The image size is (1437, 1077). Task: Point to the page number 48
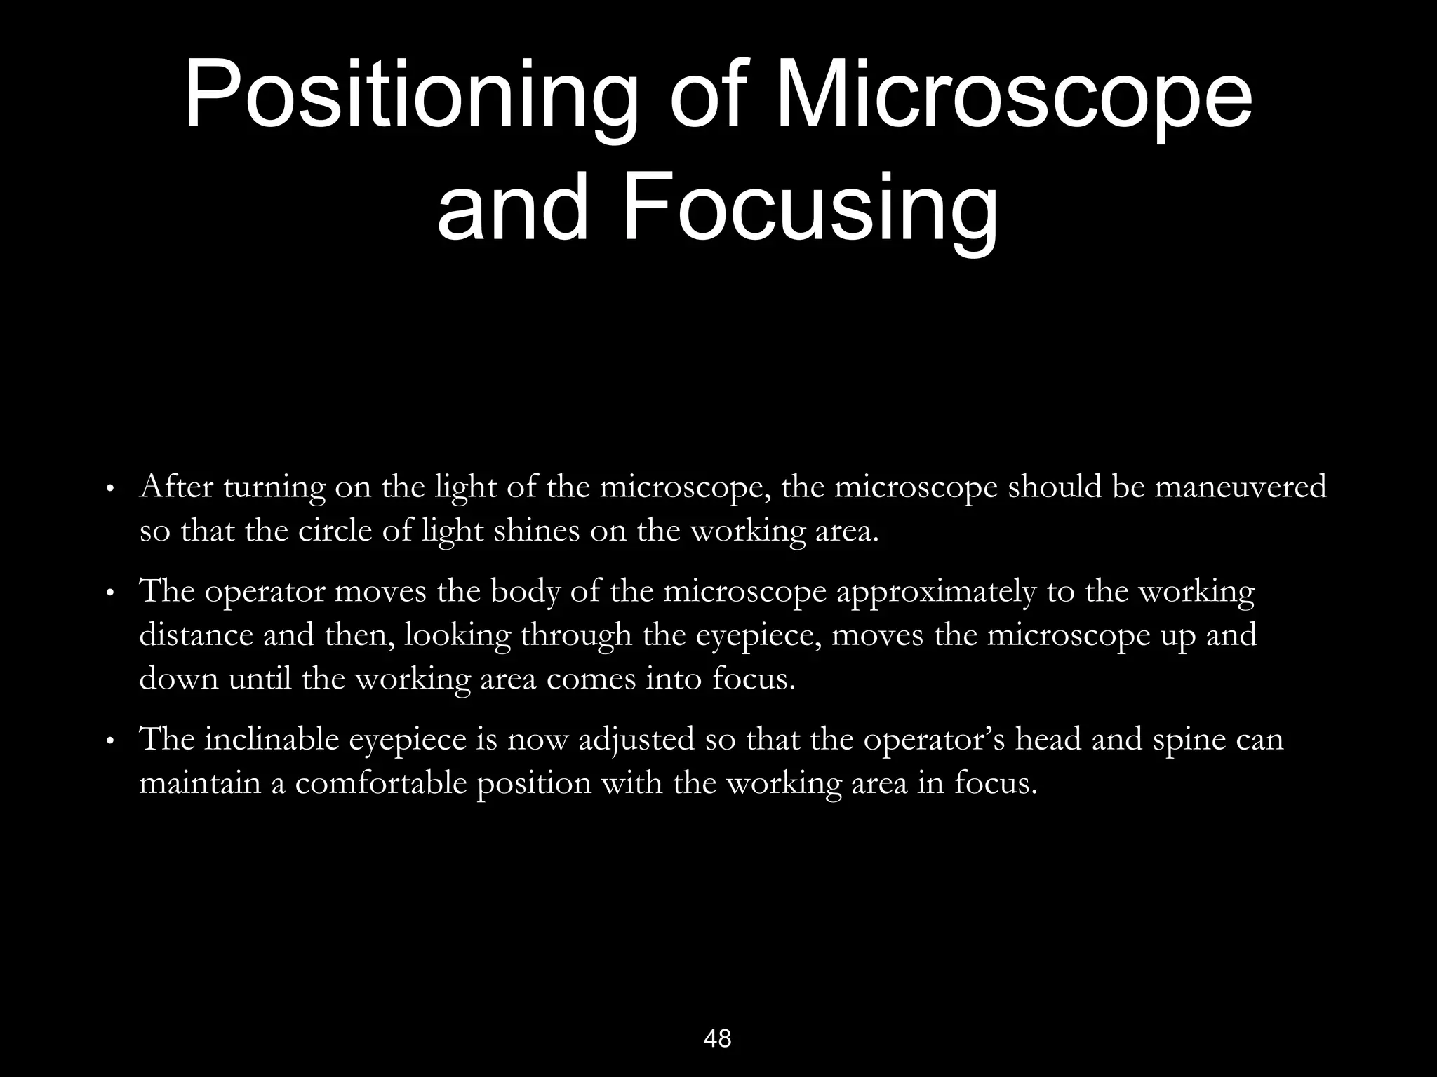tap(717, 1038)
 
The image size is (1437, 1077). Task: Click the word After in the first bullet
tap(176, 487)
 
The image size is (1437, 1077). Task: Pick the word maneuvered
tap(1241, 487)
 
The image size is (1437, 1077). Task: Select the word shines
tap(537, 531)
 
